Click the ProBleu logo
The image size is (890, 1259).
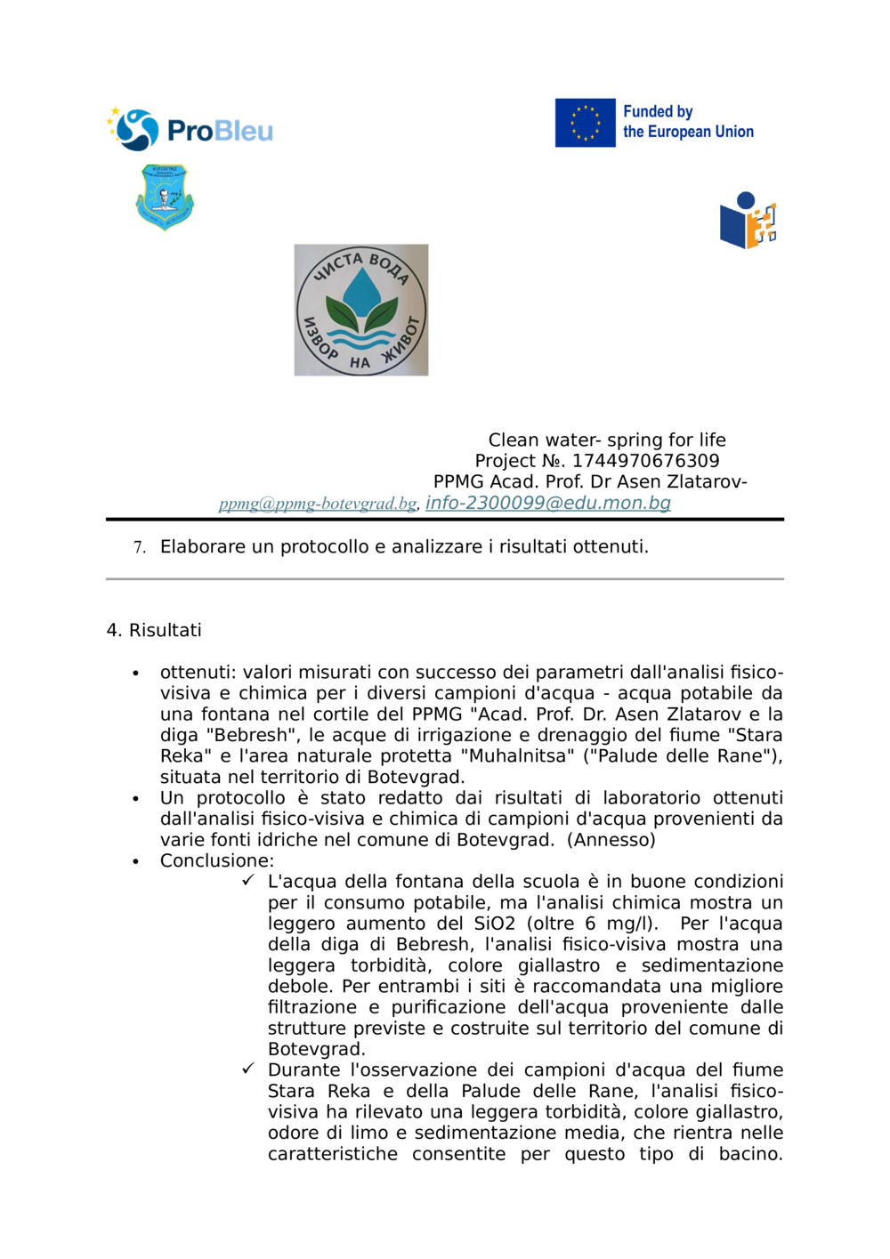190,130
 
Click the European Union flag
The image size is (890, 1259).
585,123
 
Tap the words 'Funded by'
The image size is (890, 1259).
658,112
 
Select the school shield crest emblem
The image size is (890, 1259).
165,197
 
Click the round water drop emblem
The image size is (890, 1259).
361,310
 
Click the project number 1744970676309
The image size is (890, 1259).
645,461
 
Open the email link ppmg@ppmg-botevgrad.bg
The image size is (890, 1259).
318,504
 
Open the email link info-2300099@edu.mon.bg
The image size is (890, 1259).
547,503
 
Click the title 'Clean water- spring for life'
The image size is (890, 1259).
607,440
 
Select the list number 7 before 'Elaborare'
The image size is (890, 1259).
139,547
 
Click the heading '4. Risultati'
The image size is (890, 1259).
154,630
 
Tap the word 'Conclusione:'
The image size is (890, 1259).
217,860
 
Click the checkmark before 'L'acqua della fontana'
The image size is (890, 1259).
248,880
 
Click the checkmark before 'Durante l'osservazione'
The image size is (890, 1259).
248,1069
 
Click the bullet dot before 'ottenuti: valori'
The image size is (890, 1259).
135,673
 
